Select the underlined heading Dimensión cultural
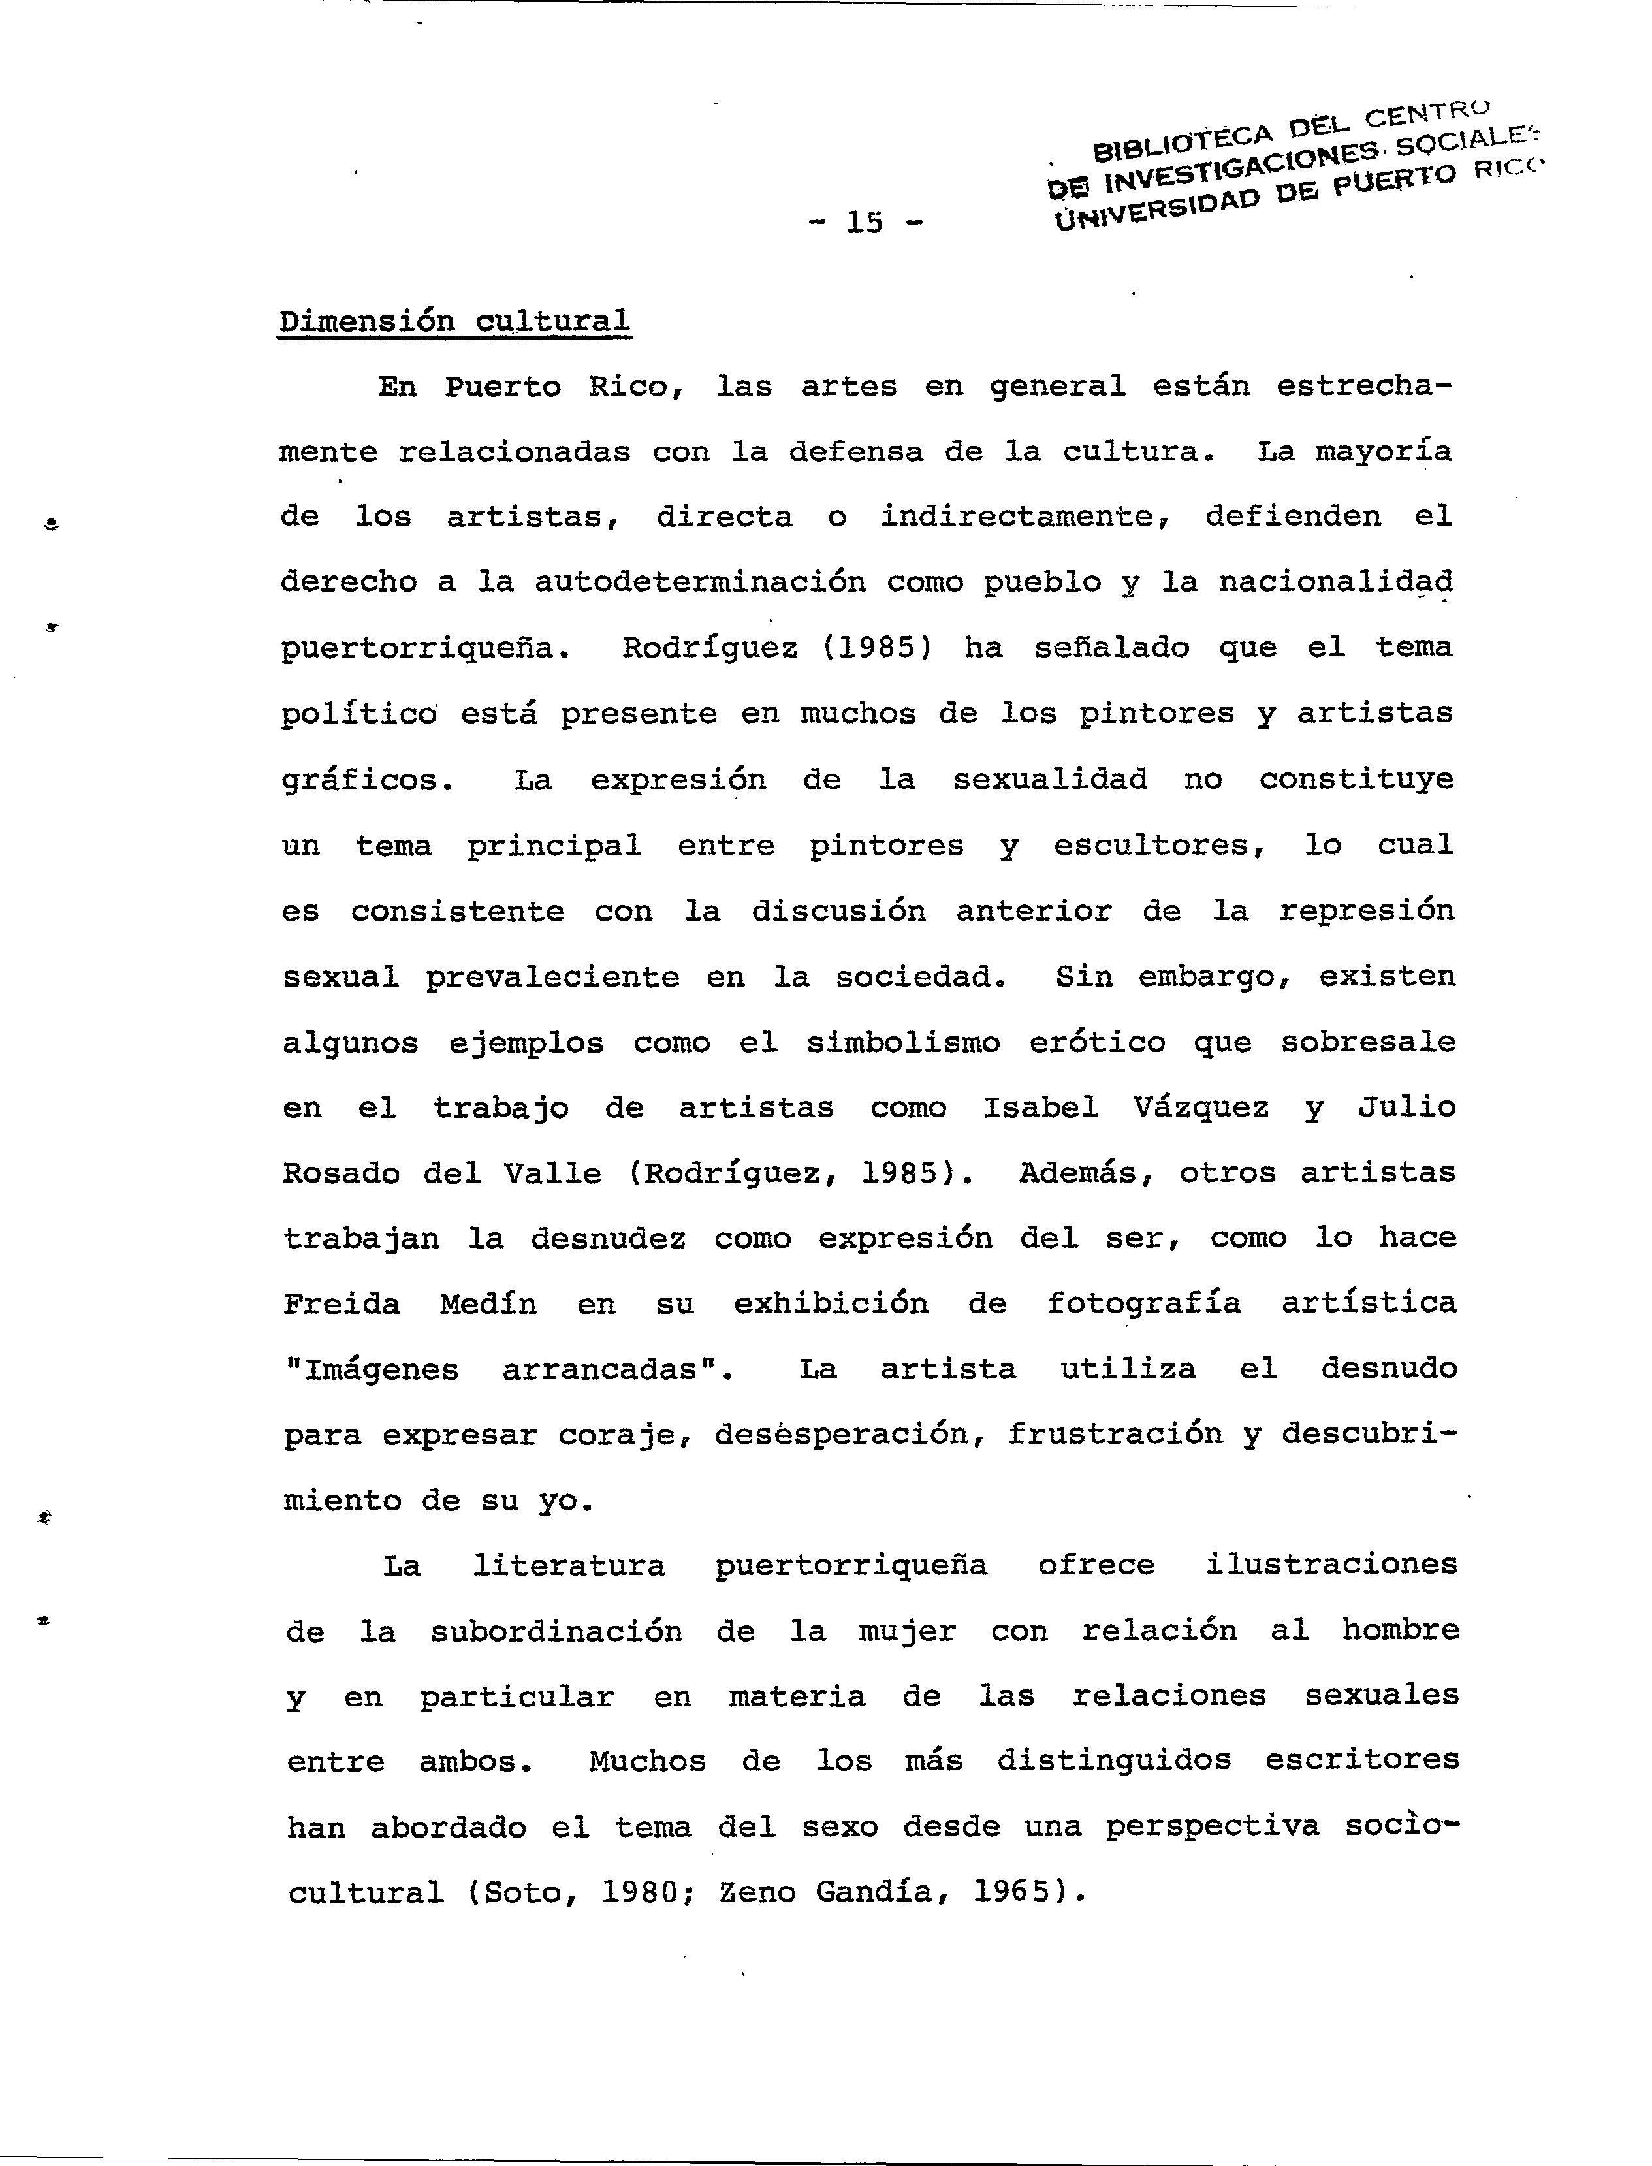pyautogui.click(x=454, y=321)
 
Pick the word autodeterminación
pyautogui.click(x=700, y=582)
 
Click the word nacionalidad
pyautogui.click(x=1335, y=582)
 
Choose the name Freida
pyautogui.click(x=342, y=1305)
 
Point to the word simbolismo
pyautogui.click(x=902, y=1042)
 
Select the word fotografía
pyautogui.click(x=1143, y=1305)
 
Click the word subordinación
pyautogui.click(x=556, y=1632)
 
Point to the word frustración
pyautogui.click(x=1115, y=1435)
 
